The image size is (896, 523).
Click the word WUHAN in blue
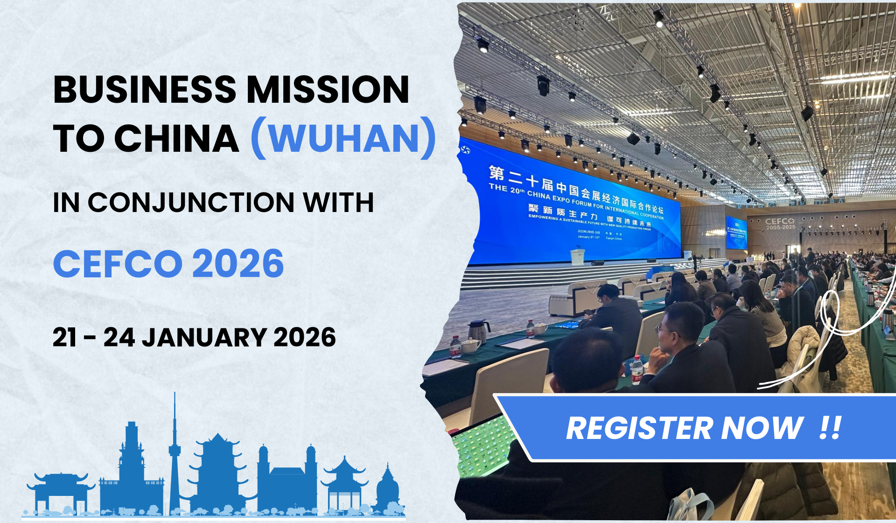click(x=344, y=139)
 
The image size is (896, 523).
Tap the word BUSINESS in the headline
click(x=145, y=90)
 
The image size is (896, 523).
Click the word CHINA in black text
click(x=176, y=139)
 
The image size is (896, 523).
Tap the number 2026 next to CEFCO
click(x=238, y=264)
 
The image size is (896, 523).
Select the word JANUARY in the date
click(x=204, y=338)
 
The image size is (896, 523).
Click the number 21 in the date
click(x=64, y=338)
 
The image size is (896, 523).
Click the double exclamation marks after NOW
click(x=830, y=428)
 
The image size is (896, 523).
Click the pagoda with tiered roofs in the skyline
click(x=217, y=472)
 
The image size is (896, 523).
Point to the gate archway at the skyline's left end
click(x=61, y=490)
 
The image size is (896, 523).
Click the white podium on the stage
click(x=577, y=257)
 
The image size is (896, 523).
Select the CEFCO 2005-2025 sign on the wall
click(x=780, y=224)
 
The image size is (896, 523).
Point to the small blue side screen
click(x=736, y=233)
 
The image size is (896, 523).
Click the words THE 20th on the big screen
click(x=507, y=189)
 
